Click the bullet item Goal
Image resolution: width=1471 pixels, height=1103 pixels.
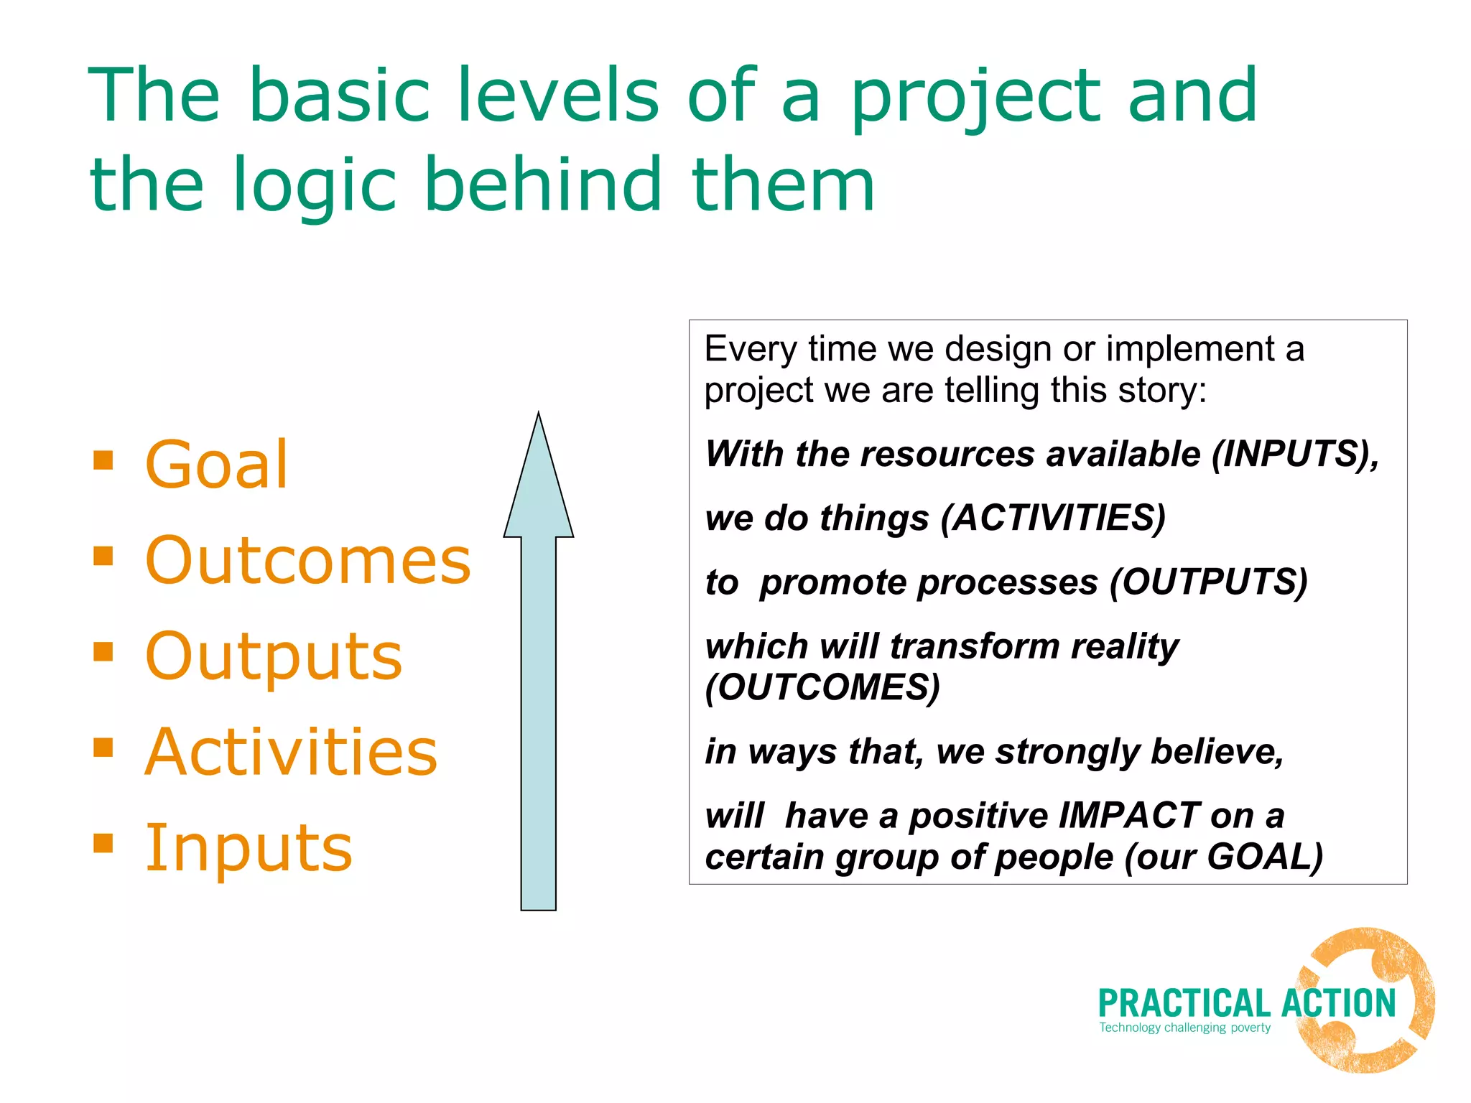(x=216, y=465)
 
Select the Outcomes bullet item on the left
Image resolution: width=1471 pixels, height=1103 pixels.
(x=307, y=561)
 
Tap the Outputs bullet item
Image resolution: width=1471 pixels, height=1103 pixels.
(x=273, y=656)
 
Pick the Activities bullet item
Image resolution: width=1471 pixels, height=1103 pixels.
(x=291, y=752)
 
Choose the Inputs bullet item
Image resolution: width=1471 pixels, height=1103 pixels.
(x=249, y=848)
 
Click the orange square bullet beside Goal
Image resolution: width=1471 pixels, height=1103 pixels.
(x=103, y=460)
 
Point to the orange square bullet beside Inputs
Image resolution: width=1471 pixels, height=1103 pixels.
(x=103, y=842)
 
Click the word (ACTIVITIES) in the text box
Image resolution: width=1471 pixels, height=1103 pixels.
(x=1052, y=518)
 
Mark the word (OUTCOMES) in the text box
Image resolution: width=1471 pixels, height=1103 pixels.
(x=822, y=687)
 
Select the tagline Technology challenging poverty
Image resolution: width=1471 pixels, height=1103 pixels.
(x=1184, y=1028)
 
